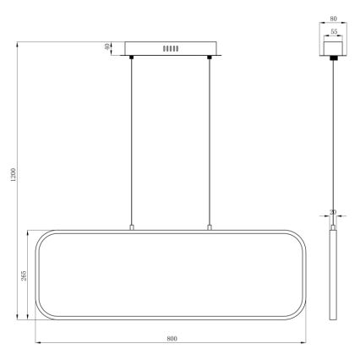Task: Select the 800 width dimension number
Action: [x=172, y=338]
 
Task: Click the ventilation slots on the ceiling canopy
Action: [x=172, y=49]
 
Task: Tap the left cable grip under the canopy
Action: [x=132, y=57]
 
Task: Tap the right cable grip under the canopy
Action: [x=208, y=57]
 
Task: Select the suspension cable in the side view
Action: [x=332, y=135]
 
